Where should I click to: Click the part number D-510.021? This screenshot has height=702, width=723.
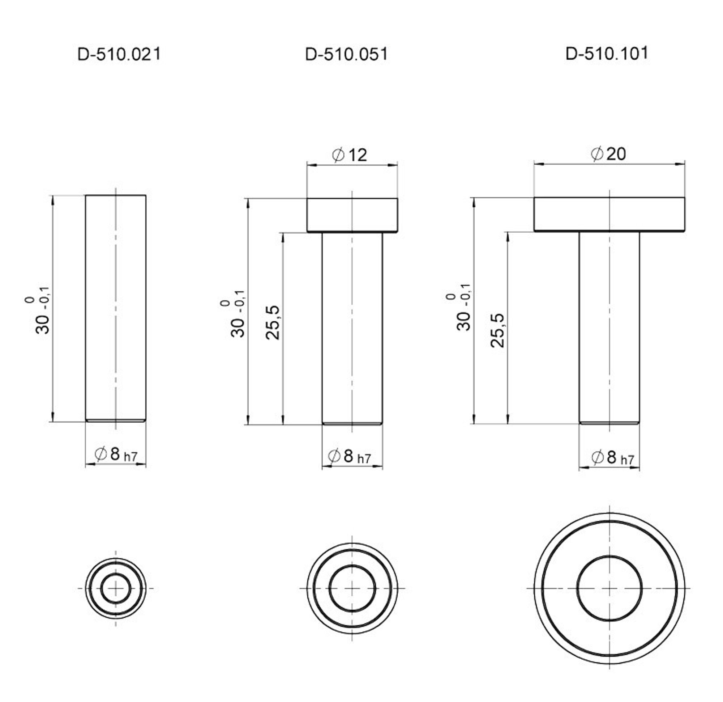(x=119, y=54)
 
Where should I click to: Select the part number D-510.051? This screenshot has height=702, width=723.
(x=346, y=54)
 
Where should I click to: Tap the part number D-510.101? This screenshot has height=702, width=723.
(x=607, y=54)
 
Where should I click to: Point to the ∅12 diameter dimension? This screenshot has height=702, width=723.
(x=349, y=155)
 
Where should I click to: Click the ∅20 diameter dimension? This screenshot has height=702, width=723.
(x=608, y=154)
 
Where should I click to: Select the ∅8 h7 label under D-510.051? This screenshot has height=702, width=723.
(x=349, y=456)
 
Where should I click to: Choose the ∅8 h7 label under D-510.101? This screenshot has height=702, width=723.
(x=612, y=457)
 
